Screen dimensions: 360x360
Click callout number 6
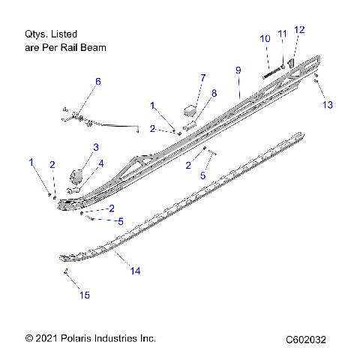[x=97, y=81]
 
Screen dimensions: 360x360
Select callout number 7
[x=202, y=77]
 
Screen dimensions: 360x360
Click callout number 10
[x=265, y=38]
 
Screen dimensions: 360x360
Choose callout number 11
[x=282, y=34]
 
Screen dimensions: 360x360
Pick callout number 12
[x=299, y=29]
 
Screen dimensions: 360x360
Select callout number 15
[x=84, y=295]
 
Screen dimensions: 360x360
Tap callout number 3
[x=96, y=146]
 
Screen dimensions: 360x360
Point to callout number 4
[x=102, y=163]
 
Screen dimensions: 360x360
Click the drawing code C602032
[x=305, y=340]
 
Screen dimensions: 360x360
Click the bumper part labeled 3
[x=77, y=175]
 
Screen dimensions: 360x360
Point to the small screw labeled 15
[x=66, y=271]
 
